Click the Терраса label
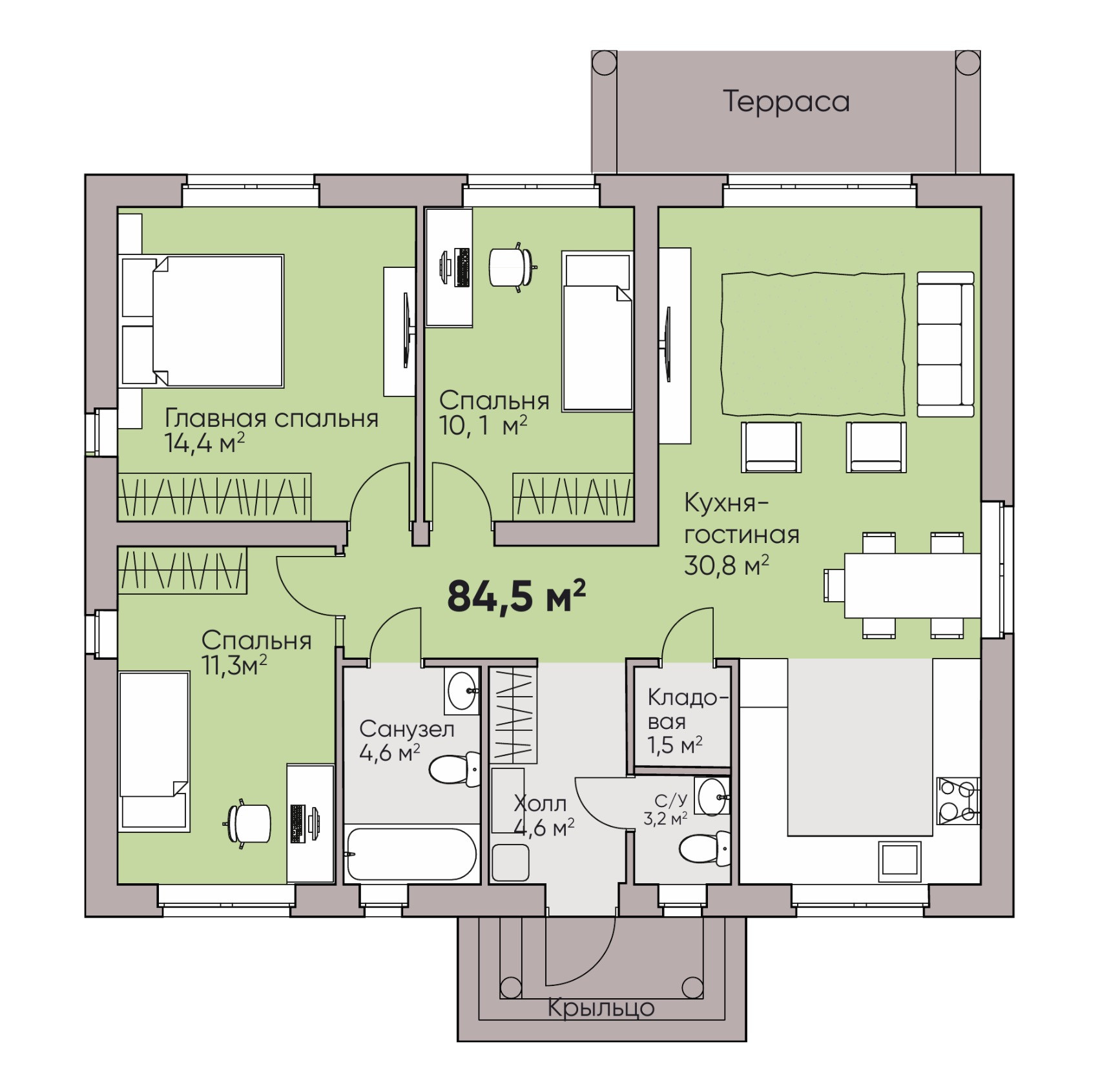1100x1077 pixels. (x=786, y=102)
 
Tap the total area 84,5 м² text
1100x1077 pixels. (x=516, y=595)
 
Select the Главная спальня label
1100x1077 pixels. (x=272, y=418)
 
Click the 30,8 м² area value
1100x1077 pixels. (x=726, y=566)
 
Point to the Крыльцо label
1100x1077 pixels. (x=601, y=1007)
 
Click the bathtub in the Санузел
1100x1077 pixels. (x=411, y=854)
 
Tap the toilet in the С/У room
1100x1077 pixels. (x=704, y=848)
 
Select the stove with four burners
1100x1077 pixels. (x=959, y=801)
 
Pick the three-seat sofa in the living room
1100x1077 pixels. (x=946, y=344)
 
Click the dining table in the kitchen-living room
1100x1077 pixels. (x=913, y=585)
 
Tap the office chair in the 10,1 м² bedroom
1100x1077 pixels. (x=513, y=267)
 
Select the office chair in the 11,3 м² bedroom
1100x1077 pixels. (x=248, y=823)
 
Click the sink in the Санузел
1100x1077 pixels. (x=462, y=691)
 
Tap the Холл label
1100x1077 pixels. (x=540, y=803)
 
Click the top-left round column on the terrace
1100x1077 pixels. (x=605, y=63)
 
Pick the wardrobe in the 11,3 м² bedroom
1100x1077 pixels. (x=183, y=570)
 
